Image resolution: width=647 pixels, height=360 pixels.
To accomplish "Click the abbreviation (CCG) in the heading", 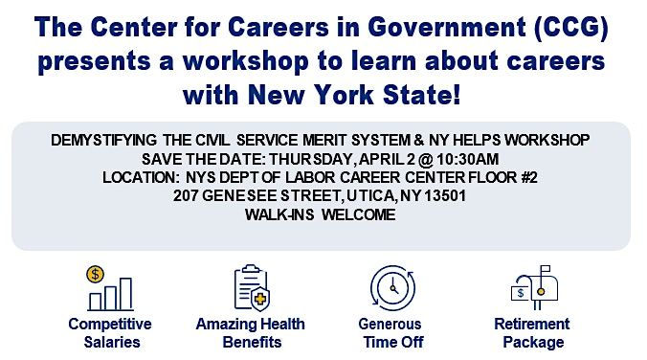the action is click(570, 27).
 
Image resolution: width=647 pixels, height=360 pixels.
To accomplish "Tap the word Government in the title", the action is click(447, 27).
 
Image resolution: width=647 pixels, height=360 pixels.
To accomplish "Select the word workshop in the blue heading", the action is click(246, 61).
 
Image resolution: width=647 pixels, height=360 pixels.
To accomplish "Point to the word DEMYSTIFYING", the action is click(103, 141).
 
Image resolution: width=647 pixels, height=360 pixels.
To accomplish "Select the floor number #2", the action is click(529, 177).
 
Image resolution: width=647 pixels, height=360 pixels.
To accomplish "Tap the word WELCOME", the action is click(358, 214).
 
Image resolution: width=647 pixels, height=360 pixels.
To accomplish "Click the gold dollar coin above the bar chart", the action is click(96, 274).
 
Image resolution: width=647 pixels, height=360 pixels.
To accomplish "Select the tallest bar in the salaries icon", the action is click(125, 294).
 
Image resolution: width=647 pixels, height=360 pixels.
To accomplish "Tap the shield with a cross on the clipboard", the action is click(260, 299).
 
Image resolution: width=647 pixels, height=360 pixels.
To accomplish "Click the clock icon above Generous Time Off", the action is click(392, 288).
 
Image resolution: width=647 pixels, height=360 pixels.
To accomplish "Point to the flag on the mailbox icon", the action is click(546, 269).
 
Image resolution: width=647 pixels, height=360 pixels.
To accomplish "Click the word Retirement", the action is click(531, 324).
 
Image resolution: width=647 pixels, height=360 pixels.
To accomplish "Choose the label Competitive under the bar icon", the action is click(110, 324).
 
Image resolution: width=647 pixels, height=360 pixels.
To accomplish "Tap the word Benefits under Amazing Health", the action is click(252, 342).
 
